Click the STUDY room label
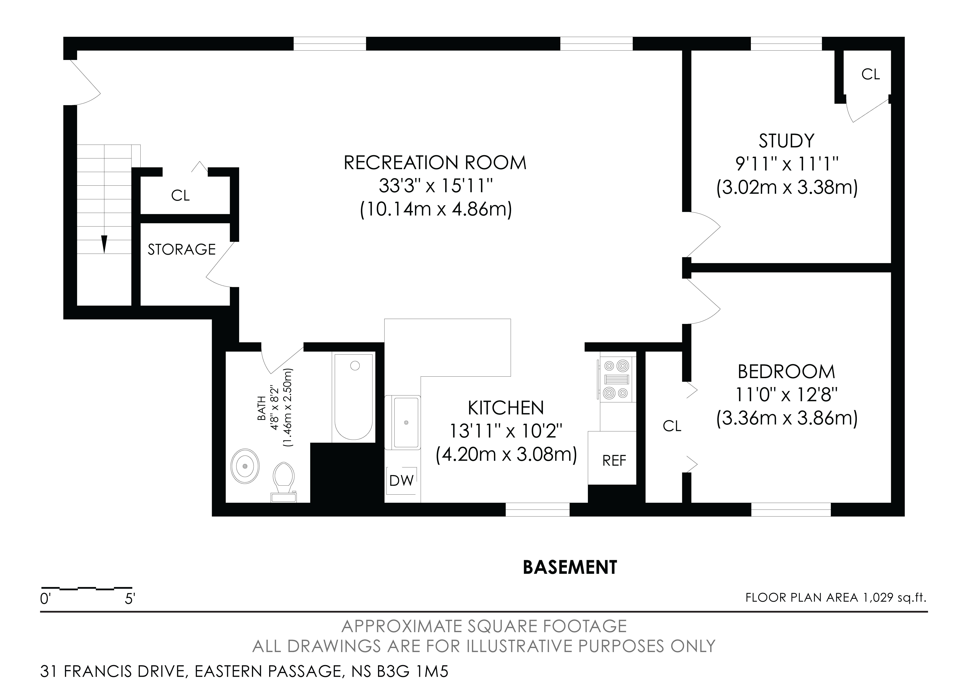pos(786,141)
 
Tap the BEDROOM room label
pos(786,372)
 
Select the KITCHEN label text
pos(506,408)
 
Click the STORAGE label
pos(182,249)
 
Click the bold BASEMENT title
pos(570,568)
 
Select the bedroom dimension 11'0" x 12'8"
pos(786,395)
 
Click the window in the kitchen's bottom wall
pos(538,509)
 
